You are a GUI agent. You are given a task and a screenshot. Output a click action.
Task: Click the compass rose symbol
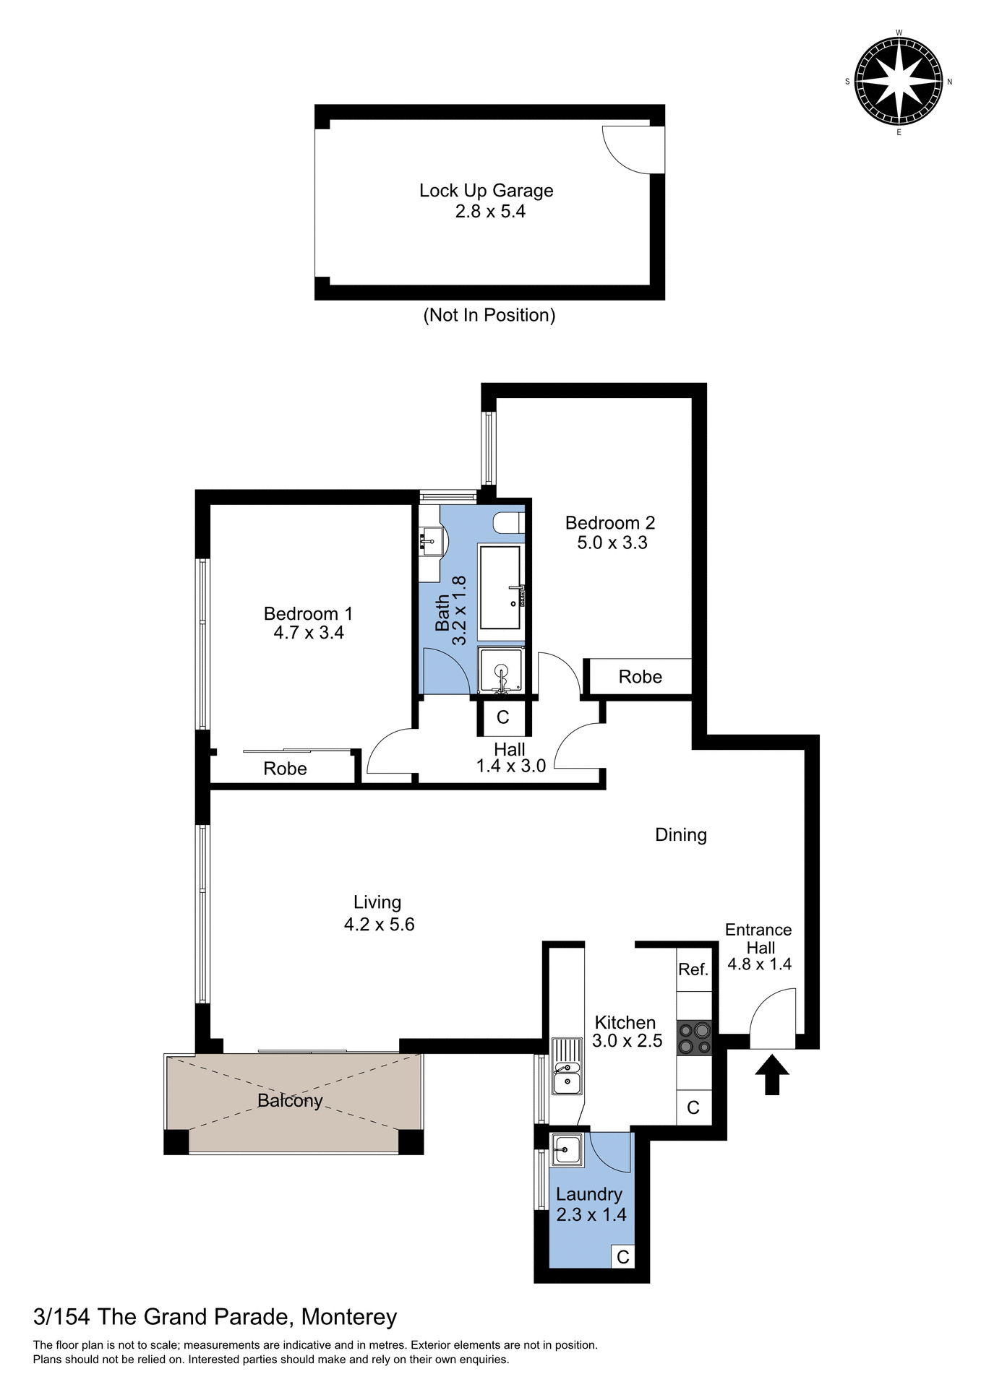coord(898,82)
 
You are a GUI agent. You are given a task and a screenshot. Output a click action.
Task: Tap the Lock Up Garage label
coord(486,191)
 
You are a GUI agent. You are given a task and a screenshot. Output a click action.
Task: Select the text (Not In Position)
coord(489,315)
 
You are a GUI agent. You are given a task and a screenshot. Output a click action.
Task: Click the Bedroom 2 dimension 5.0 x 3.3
coord(612,543)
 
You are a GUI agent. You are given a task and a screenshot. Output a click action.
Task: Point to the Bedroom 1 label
coord(308,613)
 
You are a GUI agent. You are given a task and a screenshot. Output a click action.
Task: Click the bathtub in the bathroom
coord(500,587)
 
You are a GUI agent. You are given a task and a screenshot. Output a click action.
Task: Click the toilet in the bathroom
coord(509,522)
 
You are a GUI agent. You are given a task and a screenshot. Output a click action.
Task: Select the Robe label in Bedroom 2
coord(640,677)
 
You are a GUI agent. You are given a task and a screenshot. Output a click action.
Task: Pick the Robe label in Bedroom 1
coord(285,769)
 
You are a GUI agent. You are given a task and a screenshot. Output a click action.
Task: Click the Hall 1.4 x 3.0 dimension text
coord(510,766)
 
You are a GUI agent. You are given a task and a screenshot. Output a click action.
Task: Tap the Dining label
coord(680,835)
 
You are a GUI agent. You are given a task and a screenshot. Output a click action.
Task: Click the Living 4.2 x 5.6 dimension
coord(379,925)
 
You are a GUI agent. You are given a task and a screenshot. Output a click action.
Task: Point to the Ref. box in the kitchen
coord(693,969)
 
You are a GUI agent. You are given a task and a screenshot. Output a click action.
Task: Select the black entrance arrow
coord(772,1074)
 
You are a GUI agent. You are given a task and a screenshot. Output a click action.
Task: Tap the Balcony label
coord(290,1100)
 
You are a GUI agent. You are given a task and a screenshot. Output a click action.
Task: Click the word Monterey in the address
coord(349,1317)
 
